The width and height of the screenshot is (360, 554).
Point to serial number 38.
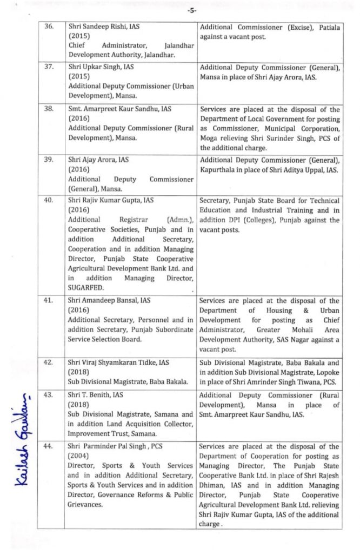49,109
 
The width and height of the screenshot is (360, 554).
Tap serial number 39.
49,160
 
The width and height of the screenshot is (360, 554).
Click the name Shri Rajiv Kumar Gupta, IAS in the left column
111,200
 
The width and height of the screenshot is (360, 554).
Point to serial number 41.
49,301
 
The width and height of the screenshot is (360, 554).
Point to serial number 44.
49,446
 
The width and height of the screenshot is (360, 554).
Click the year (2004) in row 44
79,456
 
